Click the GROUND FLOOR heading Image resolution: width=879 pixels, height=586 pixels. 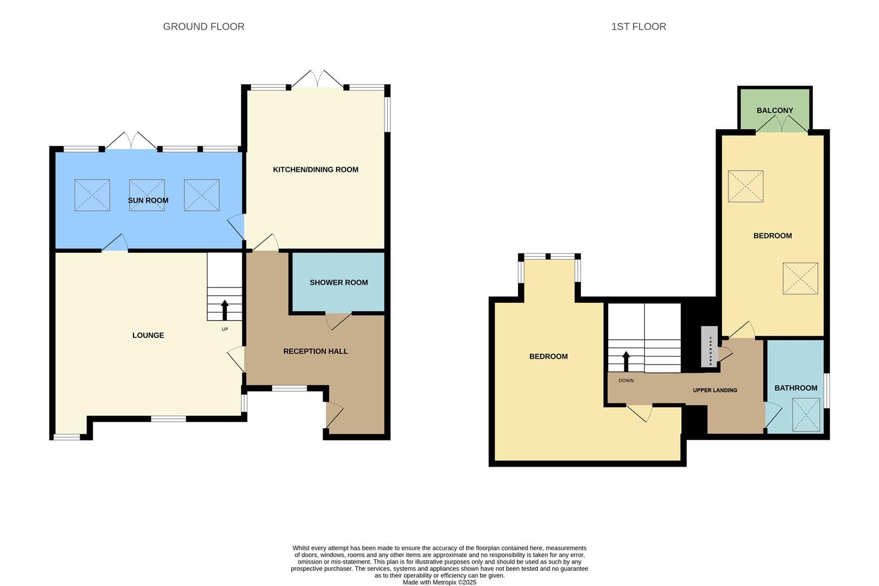pos(204,27)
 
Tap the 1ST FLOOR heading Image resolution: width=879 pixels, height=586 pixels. pos(638,27)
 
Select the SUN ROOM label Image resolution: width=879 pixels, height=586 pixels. pos(148,200)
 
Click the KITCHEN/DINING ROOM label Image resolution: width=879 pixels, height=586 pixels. pos(315,169)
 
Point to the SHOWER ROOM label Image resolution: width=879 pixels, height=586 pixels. pos(339,282)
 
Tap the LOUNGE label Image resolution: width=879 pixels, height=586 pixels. pos(148,335)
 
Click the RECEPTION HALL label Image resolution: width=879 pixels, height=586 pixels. pos(315,351)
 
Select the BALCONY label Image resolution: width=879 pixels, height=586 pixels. pos(775,110)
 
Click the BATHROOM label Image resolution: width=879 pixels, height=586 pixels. pos(796,388)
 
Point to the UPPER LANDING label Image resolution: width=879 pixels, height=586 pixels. pos(715,390)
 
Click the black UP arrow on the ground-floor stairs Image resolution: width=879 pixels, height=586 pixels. pos(225,310)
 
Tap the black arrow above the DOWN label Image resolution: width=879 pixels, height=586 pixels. pos(626,361)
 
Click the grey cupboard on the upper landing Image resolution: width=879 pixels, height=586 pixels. pos(710,347)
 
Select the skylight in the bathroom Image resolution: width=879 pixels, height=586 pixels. pos(806,415)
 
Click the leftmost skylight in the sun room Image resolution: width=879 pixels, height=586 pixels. pos(92,195)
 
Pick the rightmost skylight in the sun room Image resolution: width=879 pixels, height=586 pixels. pos(202,195)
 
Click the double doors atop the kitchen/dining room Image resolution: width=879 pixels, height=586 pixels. pos(317,79)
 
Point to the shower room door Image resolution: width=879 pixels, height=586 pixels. pos(338,321)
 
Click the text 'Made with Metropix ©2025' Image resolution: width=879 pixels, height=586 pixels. pos(440,582)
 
